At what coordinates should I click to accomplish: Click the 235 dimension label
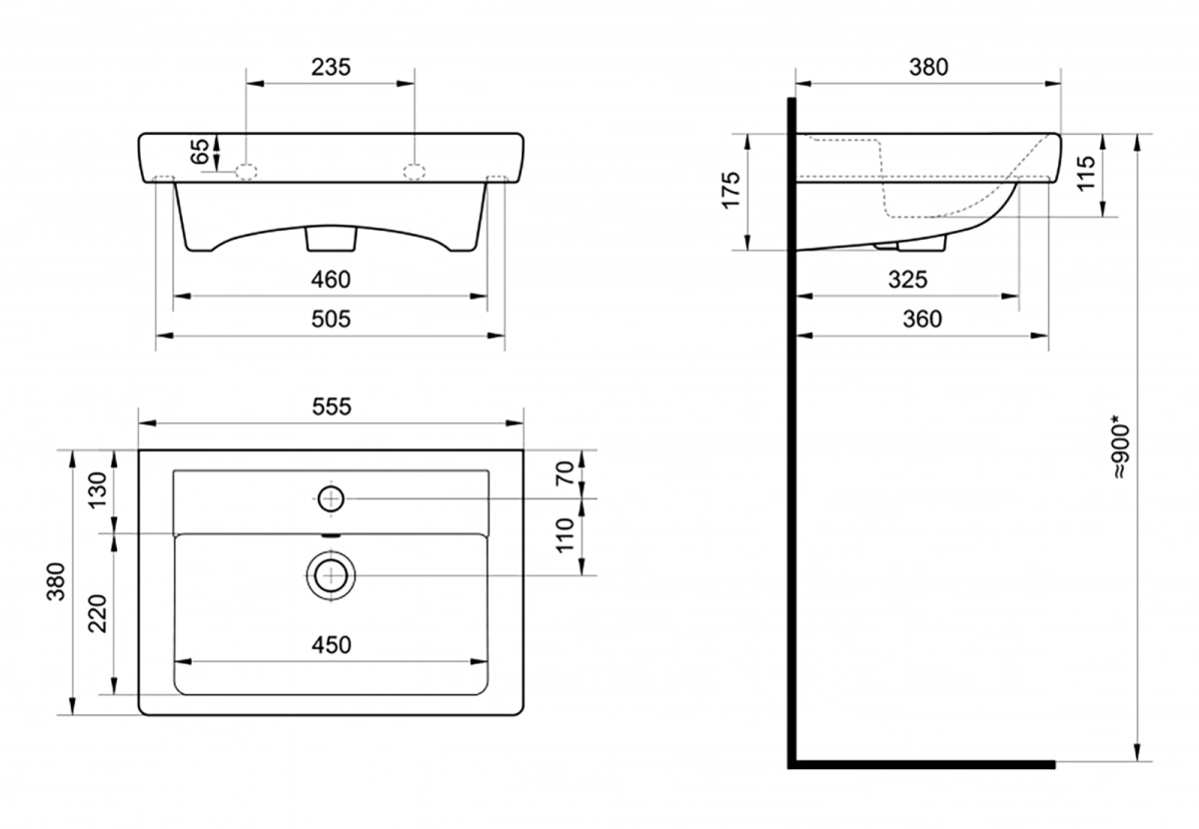pos(331,68)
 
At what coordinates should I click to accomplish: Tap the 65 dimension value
pos(199,151)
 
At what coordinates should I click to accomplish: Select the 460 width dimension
pos(331,280)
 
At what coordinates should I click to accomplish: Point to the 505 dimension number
pos(331,319)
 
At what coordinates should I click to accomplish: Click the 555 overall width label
pos(332,407)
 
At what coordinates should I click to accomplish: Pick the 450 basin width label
pos(332,645)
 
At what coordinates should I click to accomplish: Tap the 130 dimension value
pos(98,490)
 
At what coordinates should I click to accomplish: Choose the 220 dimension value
pos(98,613)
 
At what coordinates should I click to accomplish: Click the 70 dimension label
pos(566,473)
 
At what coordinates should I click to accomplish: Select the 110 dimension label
pos(566,535)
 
